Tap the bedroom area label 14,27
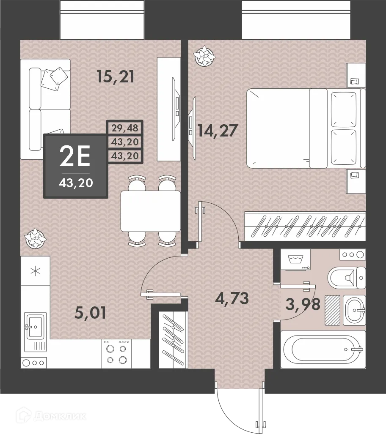click(x=215, y=130)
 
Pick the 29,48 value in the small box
click(x=125, y=127)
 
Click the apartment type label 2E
click(x=75, y=157)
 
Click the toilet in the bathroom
click(x=346, y=278)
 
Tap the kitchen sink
click(x=35, y=326)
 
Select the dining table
click(x=150, y=211)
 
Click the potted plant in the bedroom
click(x=205, y=56)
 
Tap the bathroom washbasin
click(x=354, y=310)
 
